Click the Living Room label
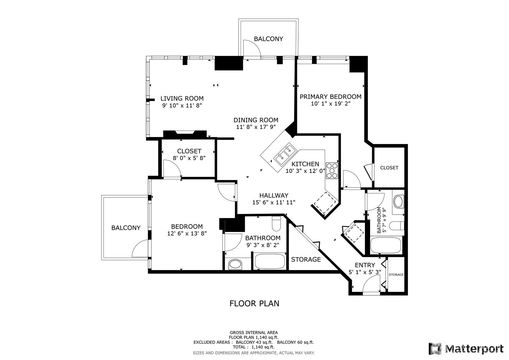(182, 98)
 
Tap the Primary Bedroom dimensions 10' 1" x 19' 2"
(331, 104)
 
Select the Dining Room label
(256, 120)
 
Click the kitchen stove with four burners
(332, 170)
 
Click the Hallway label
(274, 195)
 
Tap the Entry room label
(365, 265)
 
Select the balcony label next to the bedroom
(126, 228)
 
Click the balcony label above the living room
(268, 39)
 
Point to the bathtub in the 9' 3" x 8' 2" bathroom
(270, 261)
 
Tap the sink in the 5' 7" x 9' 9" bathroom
(398, 201)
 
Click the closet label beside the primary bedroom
(389, 168)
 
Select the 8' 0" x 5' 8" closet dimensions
(189, 158)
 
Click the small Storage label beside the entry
(396, 275)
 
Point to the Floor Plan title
(254, 304)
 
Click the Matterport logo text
(474, 349)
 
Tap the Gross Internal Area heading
(254, 332)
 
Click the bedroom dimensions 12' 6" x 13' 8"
(187, 233)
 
